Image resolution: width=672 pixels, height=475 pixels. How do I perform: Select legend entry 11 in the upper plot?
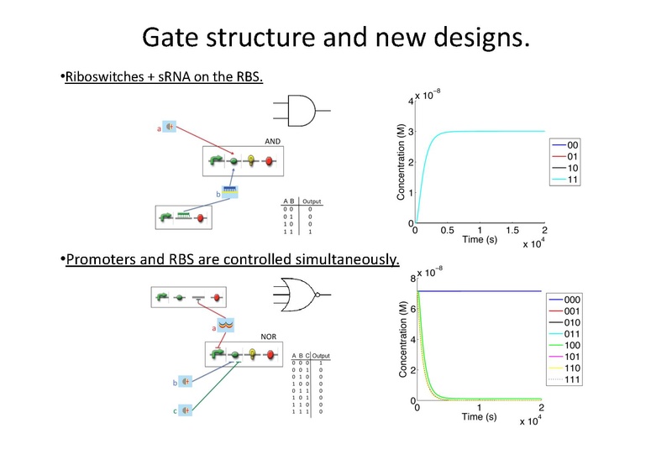(574, 180)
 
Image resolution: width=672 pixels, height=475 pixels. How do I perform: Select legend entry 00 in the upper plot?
(574, 144)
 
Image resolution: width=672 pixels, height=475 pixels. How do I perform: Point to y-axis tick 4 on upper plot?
(410, 102)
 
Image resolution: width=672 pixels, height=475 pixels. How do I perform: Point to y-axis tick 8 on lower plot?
(410, 279)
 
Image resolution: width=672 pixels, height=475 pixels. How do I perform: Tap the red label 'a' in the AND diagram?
(159, 129)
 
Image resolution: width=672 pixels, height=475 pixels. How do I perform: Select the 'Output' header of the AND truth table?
(312, 202)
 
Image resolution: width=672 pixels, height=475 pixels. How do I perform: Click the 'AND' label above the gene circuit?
(272, 142)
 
